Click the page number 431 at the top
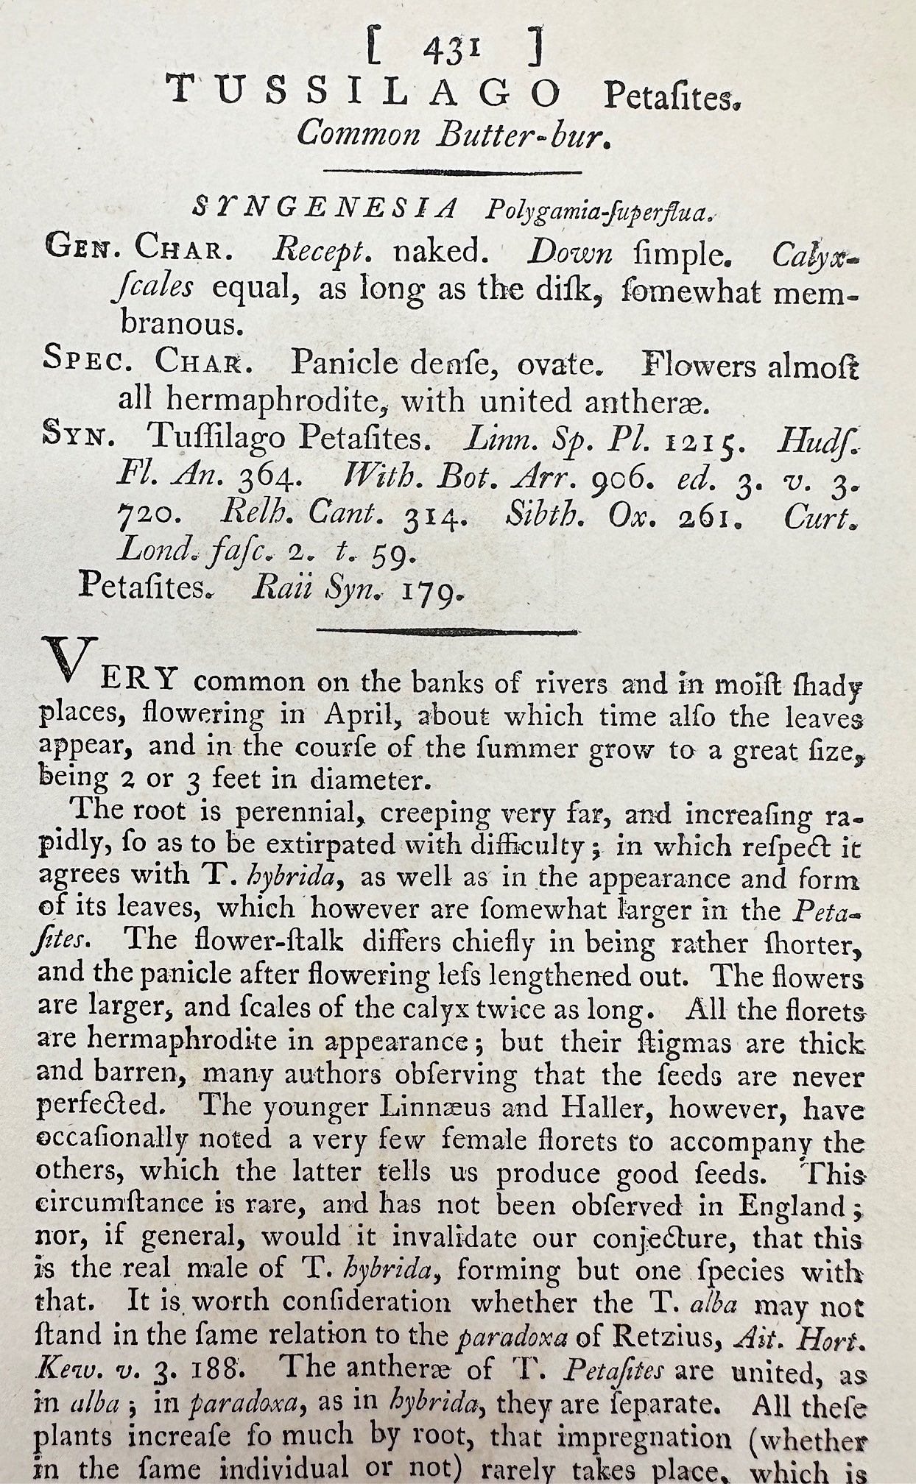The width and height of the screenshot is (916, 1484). coord(452,51)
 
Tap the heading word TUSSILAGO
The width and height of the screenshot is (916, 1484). coord(363,93)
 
